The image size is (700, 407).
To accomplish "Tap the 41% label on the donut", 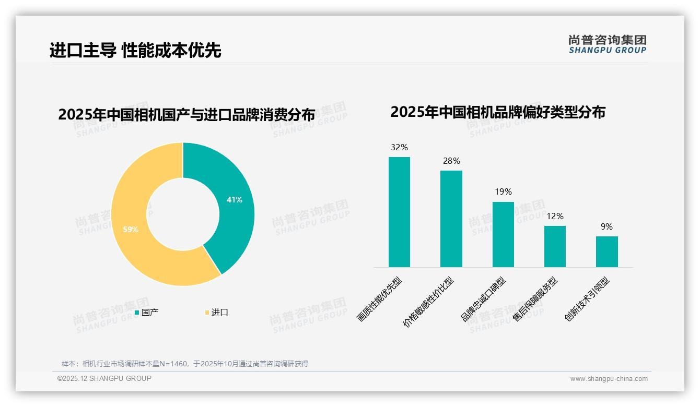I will click(x=235, y=199).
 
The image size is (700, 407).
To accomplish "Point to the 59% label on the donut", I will click(x=131, y=229).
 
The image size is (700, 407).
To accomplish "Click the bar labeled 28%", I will click(x=451, y=219).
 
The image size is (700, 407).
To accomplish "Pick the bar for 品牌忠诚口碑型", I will click(x=503, y=234).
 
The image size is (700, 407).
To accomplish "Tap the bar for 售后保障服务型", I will click(x=555, y=246).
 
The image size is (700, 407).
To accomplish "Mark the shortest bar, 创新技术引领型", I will click(x=606, y=252).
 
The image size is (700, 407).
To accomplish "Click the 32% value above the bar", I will click(x=399, y=148).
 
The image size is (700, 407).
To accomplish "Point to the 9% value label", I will click(x=606, y=226).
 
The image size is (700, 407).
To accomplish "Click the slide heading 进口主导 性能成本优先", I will click(x=135, y=50).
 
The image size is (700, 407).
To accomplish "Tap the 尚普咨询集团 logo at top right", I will click(x=607, y=44).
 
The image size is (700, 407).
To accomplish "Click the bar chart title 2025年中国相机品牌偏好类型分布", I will click(x=497, y=112).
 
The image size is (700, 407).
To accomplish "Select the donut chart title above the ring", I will click(x=186, y=115).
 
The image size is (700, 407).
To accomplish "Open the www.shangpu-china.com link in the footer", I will click(x=609, y=379).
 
